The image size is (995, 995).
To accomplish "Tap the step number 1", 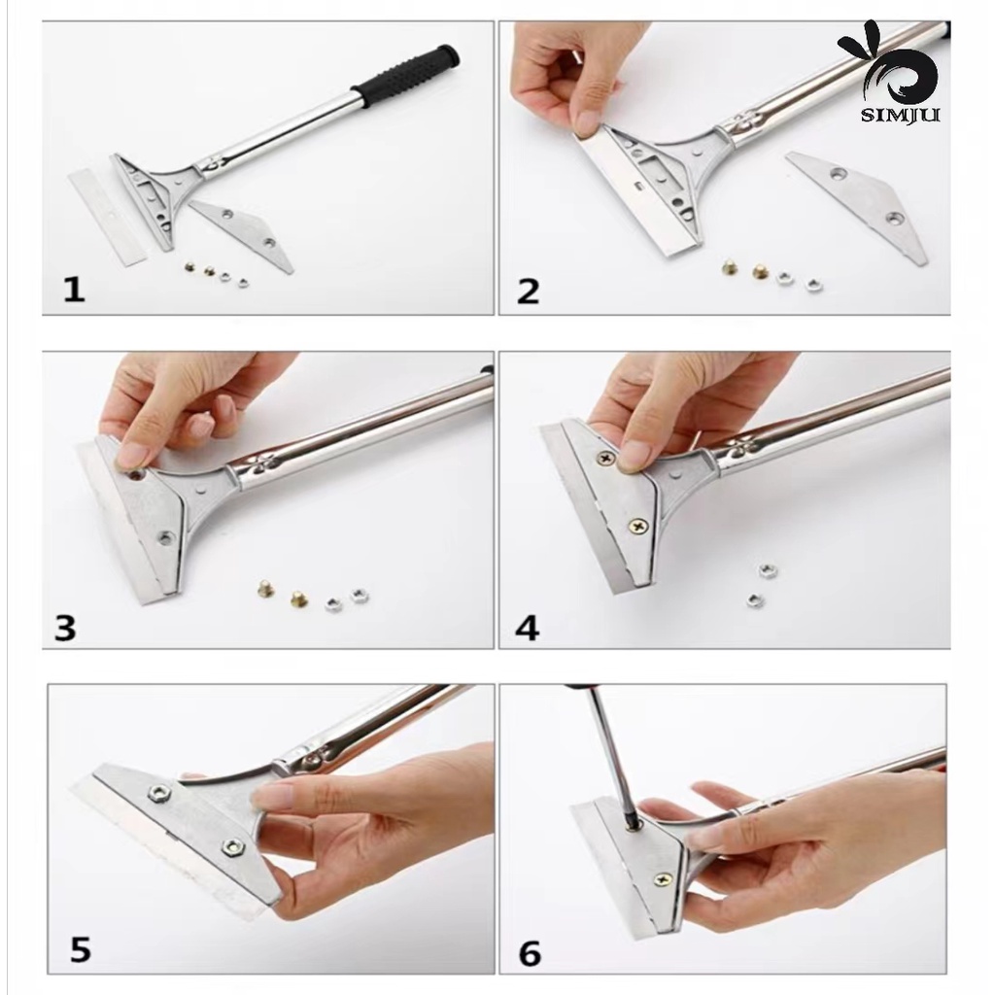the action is pos(74,291).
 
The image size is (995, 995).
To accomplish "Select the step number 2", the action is pos(528,292).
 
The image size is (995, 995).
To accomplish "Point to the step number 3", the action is pos(65,628).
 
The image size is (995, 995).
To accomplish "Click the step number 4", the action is pos(527,628).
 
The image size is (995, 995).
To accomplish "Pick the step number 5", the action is pos(81,950).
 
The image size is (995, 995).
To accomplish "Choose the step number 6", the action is pos(530,953).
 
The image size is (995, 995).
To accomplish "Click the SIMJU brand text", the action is pos(900,115).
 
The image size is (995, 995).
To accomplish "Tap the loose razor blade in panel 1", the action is pos(107,215).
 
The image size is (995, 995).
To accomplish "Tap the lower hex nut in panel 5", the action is pos(232,846).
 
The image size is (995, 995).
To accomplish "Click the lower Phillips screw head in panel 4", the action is pos(636,526).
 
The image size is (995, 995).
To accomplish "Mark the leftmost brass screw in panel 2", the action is pos(731,268).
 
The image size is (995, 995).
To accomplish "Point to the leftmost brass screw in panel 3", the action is pos(265,589).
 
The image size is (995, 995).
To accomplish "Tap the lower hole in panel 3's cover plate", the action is pos(165,538).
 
